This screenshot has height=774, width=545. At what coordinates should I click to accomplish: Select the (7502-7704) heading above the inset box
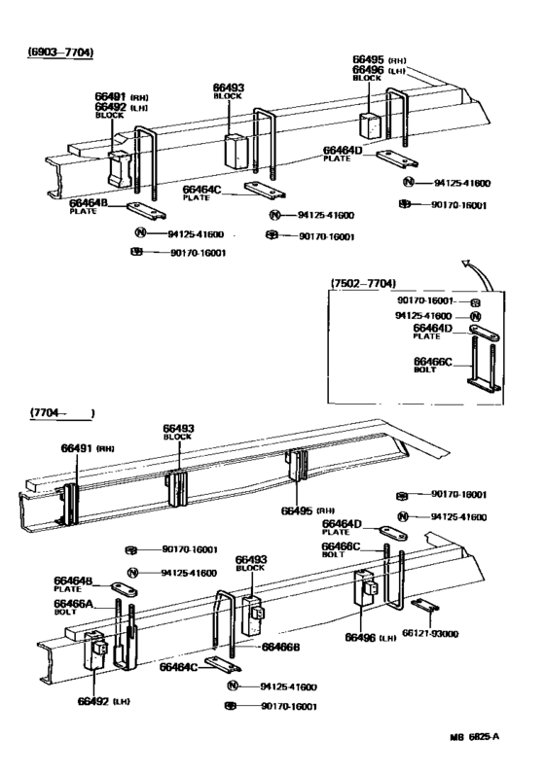coord(363,283)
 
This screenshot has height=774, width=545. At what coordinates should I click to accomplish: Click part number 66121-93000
coord(459,633)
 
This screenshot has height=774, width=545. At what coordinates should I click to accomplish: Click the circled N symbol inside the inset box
coord(475,317)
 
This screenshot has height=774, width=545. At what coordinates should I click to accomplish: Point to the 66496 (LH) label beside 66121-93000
coord(369,637)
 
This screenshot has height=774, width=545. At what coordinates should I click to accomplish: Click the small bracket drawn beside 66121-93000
coord(423,606)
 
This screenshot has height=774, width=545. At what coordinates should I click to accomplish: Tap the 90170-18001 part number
coord(456,495)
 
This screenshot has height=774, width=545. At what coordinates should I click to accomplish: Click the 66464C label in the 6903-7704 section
coord(202,190)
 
